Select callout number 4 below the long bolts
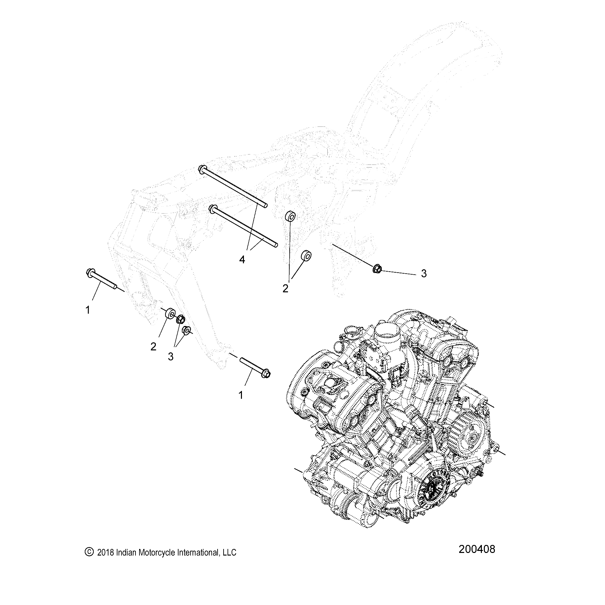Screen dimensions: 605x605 (x=242, y=259)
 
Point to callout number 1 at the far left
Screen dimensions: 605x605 (x=87, y=310)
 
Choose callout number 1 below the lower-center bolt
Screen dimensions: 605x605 (x=241, y=395)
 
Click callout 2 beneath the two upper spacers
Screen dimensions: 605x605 (x=285, y=288)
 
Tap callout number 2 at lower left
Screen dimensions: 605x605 (x=153, y=347)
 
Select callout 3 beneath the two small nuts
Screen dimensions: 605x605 (x=171, y=356)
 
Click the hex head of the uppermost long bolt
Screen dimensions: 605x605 (x=202, y=169)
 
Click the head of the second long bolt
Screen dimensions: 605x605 (x=212, y=209)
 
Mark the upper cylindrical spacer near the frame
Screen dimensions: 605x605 (x=290, y=216)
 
